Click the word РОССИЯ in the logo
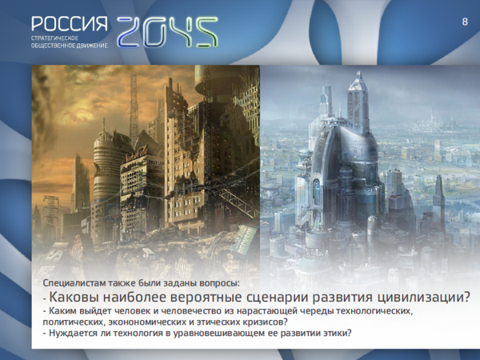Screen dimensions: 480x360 pyautogui.click(x=69, y=23)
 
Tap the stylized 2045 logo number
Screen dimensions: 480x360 pyautogui.click(x=167, y=32)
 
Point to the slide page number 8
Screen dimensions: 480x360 pyautogui.click(x=465, y=22)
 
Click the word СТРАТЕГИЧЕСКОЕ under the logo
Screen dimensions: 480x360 pyautogui.click(x=54, y=38)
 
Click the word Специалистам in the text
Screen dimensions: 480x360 pyautogui.click(x=74, y=283)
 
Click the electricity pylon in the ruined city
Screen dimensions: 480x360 pyautogui.click(x=51, y=214)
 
